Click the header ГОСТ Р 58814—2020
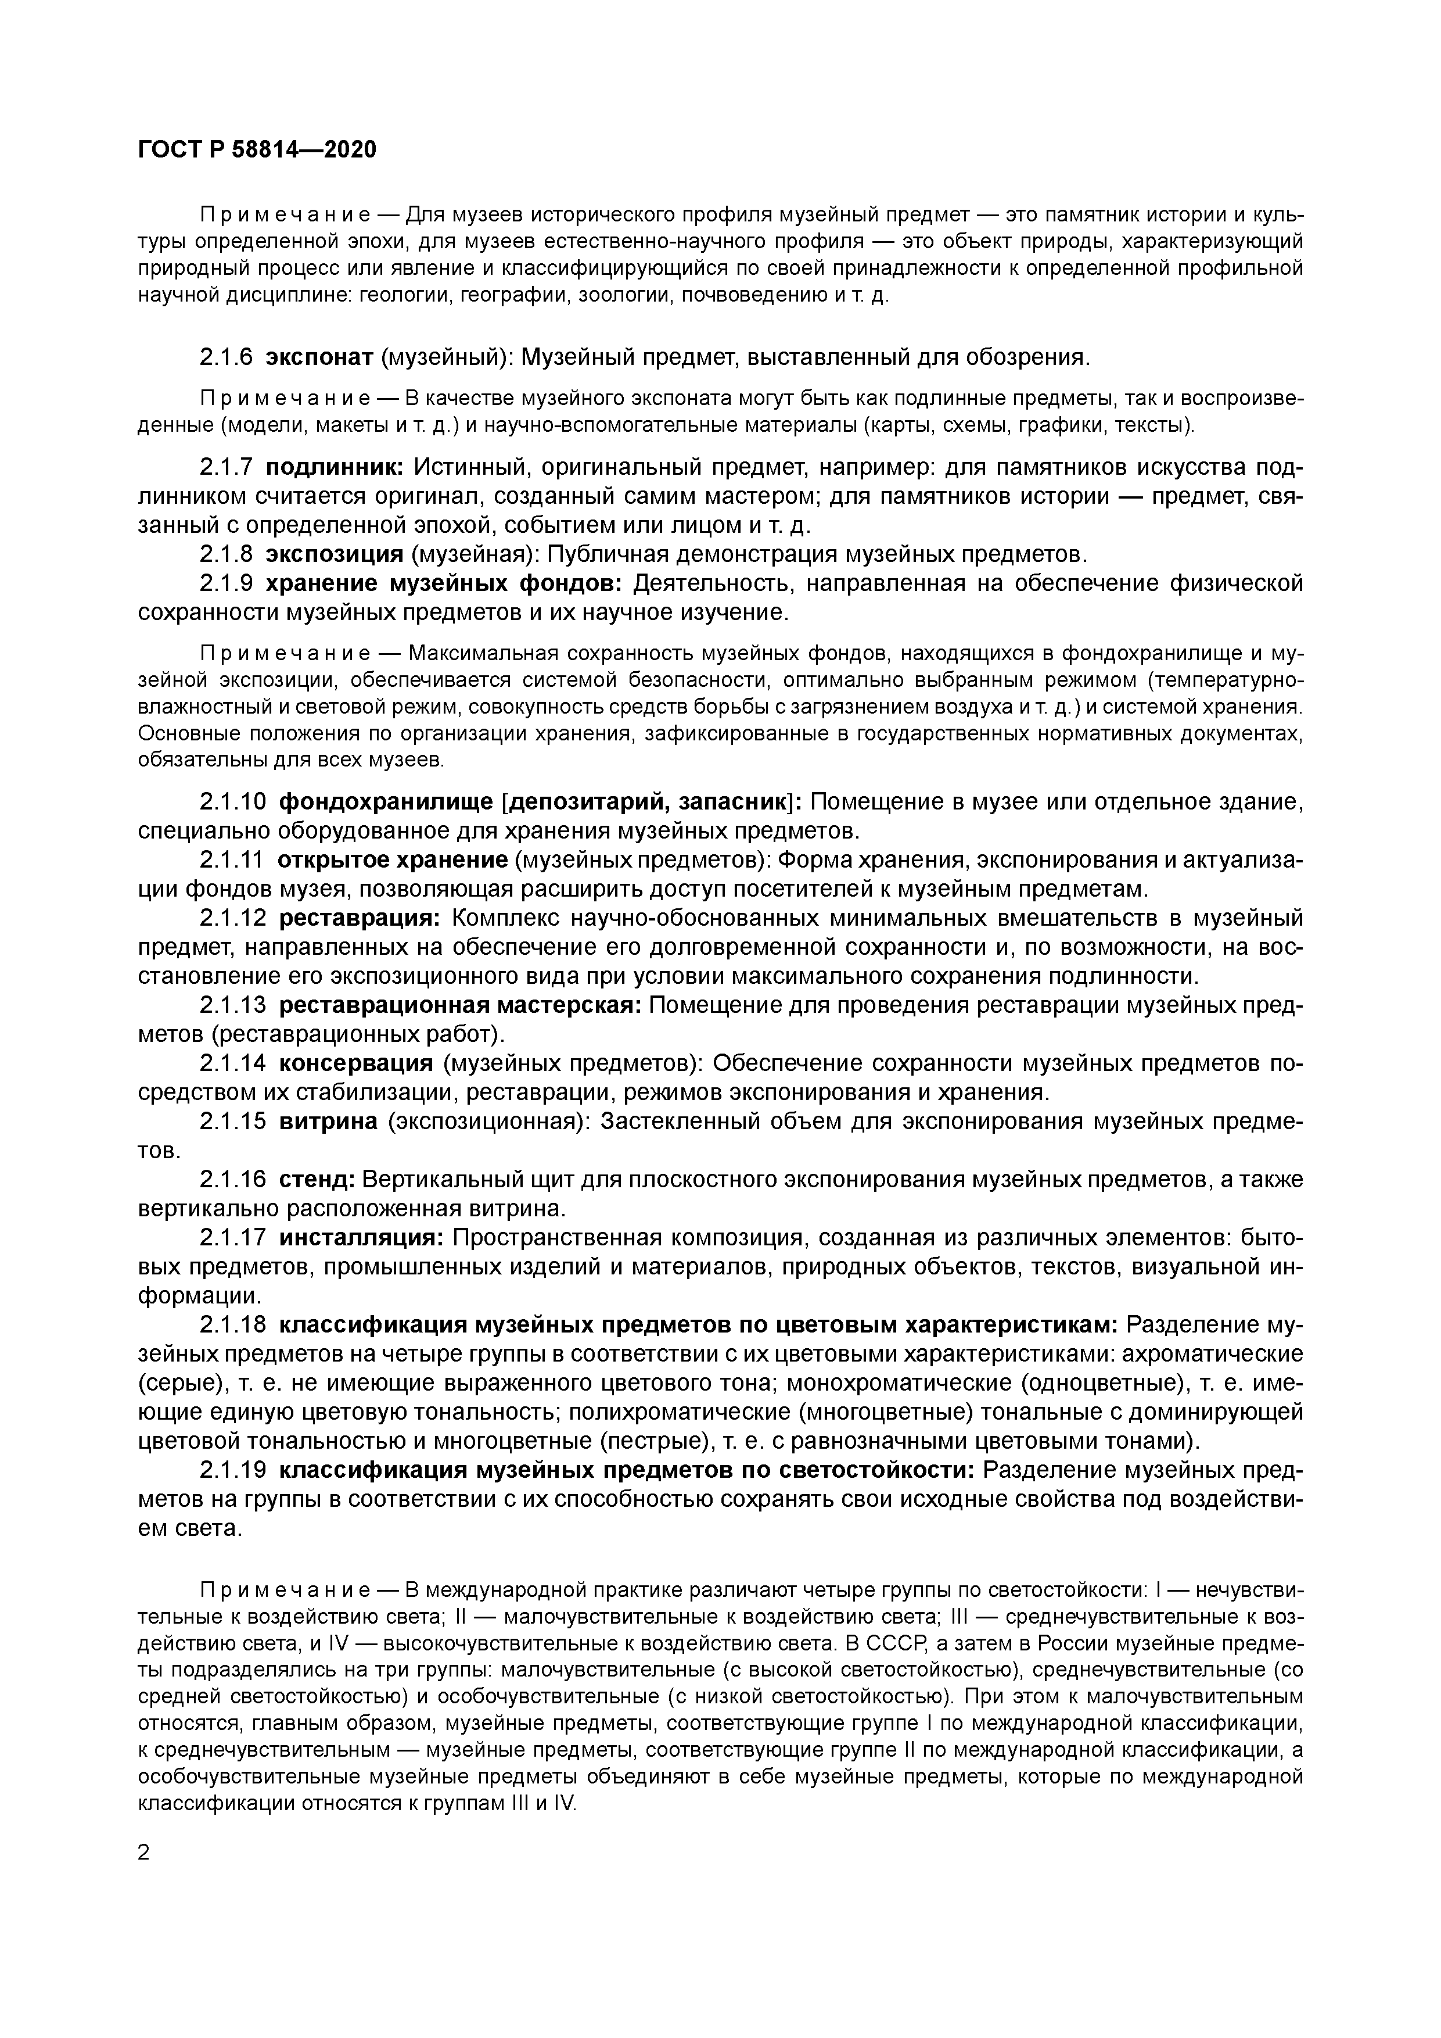click(257, 150)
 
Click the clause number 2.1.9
click(227, 584)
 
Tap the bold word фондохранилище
click(386, 803)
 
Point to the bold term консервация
click(356, 1063)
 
